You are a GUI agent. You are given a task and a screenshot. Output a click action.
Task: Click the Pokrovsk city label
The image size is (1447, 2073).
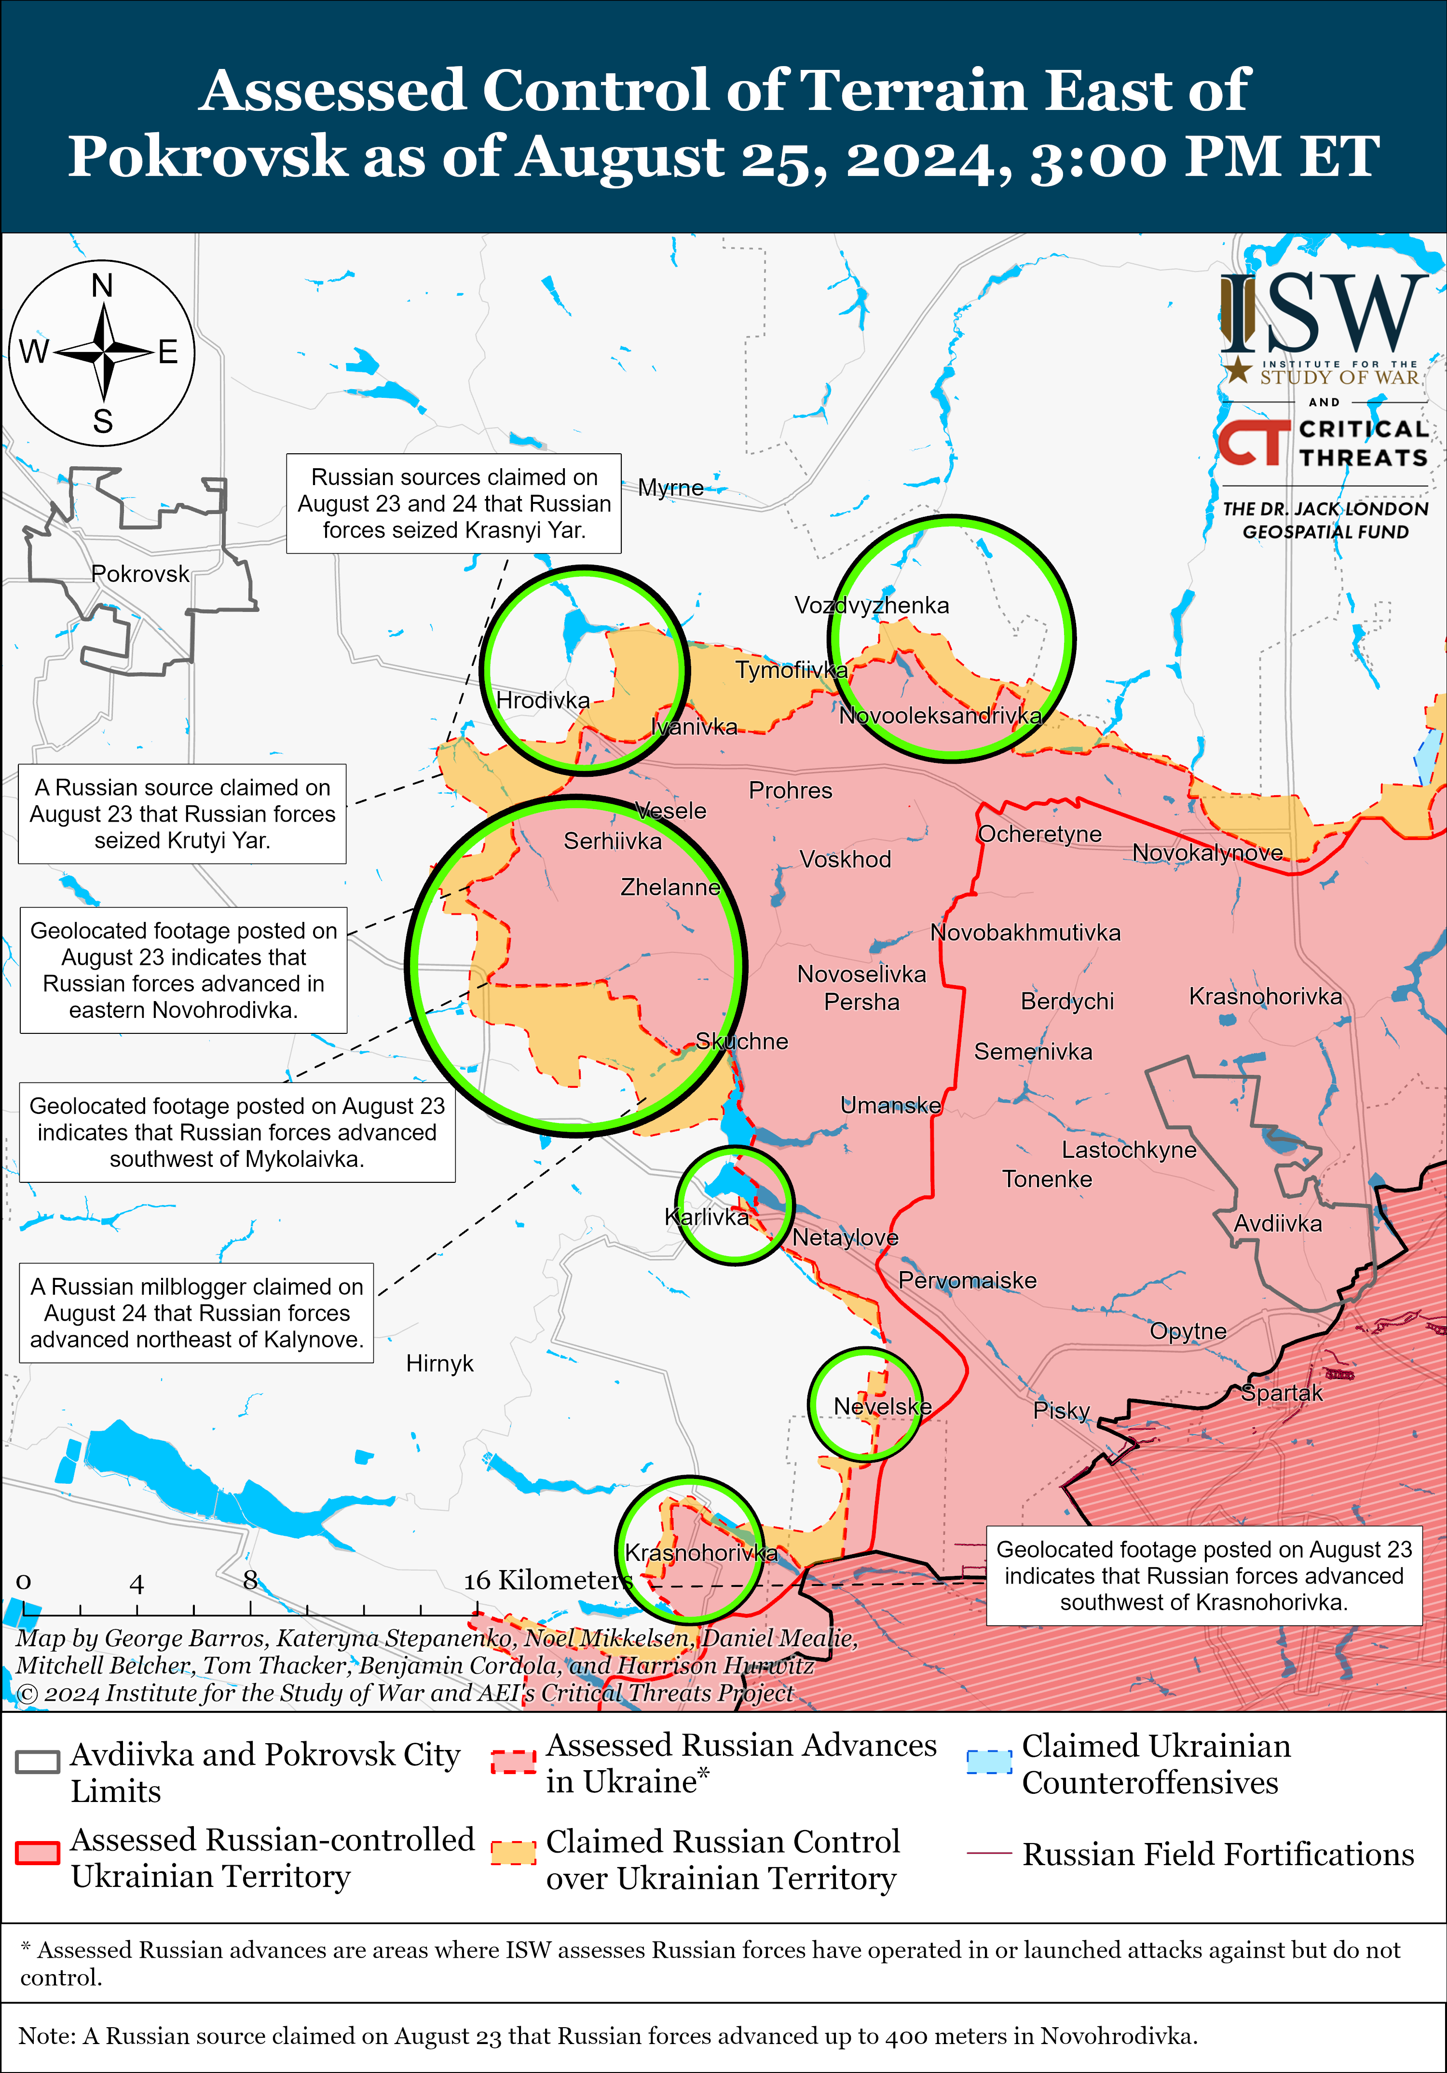(x=140, y=574)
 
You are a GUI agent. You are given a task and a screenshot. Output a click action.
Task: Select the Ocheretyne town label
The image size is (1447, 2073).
(x=1039, y=834)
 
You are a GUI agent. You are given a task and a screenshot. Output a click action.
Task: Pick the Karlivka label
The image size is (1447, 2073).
(x=706, y=1217)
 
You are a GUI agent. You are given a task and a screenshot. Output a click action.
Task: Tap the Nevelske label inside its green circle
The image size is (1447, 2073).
(x=882, y=1407)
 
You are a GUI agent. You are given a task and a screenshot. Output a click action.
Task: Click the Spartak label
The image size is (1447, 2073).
(x=1281, y=1393)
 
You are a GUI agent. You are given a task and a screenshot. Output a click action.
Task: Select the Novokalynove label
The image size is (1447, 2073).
(x=1207, y=853)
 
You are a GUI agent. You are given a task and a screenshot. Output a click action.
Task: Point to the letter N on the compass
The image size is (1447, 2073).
(x=102, y=286)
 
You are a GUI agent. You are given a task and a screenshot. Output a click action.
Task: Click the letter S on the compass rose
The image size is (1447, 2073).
(x=103, y=421)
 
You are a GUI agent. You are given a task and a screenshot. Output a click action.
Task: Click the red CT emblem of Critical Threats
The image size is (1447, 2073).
(x=1253, y=442)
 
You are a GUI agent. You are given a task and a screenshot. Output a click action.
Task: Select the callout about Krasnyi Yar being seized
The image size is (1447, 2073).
(x=453, y=504)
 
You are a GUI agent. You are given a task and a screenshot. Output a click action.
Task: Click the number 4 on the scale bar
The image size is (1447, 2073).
(x=137, y=1584)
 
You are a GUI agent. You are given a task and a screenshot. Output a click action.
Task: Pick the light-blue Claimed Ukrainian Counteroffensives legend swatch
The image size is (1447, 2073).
(x=989, y=1762)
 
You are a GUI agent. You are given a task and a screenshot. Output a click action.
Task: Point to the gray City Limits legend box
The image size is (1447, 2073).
(x=38, y=1762)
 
